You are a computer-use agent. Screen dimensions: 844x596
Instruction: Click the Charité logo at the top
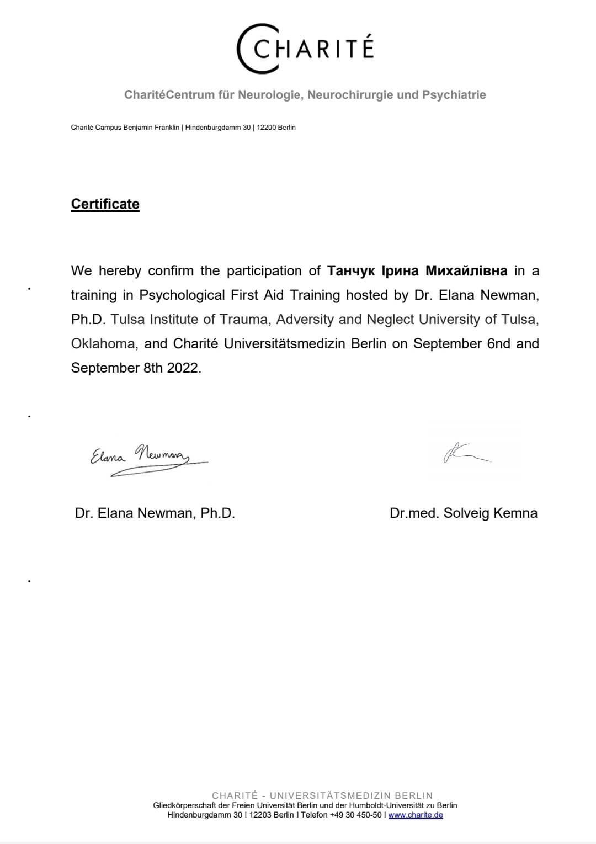(x=305, y=49)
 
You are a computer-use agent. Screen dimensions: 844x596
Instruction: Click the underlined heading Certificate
(x=105, y=204)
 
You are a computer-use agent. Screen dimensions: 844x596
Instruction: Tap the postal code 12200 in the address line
(x=266, y=128)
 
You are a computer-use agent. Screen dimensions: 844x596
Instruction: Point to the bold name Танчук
(x=351, y=271)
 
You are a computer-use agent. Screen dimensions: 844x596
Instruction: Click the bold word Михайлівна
(x=466, y=271)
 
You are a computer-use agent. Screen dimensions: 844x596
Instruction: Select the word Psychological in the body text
(x=182, y=295)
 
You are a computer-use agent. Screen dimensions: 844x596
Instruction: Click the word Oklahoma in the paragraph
(x=103, y=344)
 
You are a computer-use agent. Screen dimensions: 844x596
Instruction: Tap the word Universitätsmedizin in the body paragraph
(x=285, y=344)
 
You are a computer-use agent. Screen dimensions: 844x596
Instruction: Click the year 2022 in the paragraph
(x=182, y=368)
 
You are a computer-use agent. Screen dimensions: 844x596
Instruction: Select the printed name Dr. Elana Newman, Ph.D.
(x=155, y=513)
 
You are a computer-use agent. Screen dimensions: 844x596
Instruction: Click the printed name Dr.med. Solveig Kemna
(x=464, y=513)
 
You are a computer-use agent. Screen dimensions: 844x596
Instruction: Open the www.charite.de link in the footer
(x=416, y=815)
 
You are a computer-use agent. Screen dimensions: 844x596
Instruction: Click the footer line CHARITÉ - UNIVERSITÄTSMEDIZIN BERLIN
(x=322, y=795)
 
